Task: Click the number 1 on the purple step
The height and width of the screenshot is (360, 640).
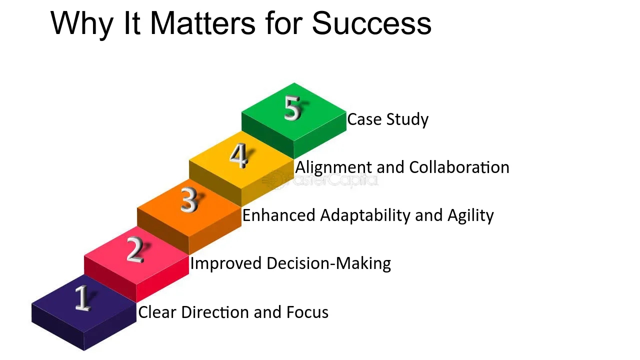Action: pyautogui.click(x=83, y=298)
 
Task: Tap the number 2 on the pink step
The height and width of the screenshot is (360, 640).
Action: pyautogui.click(x=135, y=249)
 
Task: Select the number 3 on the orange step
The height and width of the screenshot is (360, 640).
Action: pyautogui.click(x=189, y=200)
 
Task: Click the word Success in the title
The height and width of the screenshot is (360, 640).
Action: pyautogui.click(x=371, y=23)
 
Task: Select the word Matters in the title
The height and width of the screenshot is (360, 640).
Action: pyautogui.click(x=202, y=23)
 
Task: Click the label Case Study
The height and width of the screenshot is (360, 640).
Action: pyautogui.click(x=387, y=119)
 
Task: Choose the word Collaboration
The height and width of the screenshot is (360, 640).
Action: pyautogui.click(x=459, y=167)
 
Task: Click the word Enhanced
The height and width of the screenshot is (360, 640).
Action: pyautogui.click(x=278, y=215)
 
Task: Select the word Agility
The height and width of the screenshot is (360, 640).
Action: pyautogui.click(x=470, y=215)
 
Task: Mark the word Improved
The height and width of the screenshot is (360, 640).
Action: pyautogui.click(x=225, y=263)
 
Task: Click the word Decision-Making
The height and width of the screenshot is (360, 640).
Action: pyautogui.click(x=328, y=263)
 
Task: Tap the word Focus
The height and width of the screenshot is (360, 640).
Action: pyautogui.click(x=307, y=312)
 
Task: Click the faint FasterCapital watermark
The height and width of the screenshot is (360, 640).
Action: pyautogui.click(x=320, y=180)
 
